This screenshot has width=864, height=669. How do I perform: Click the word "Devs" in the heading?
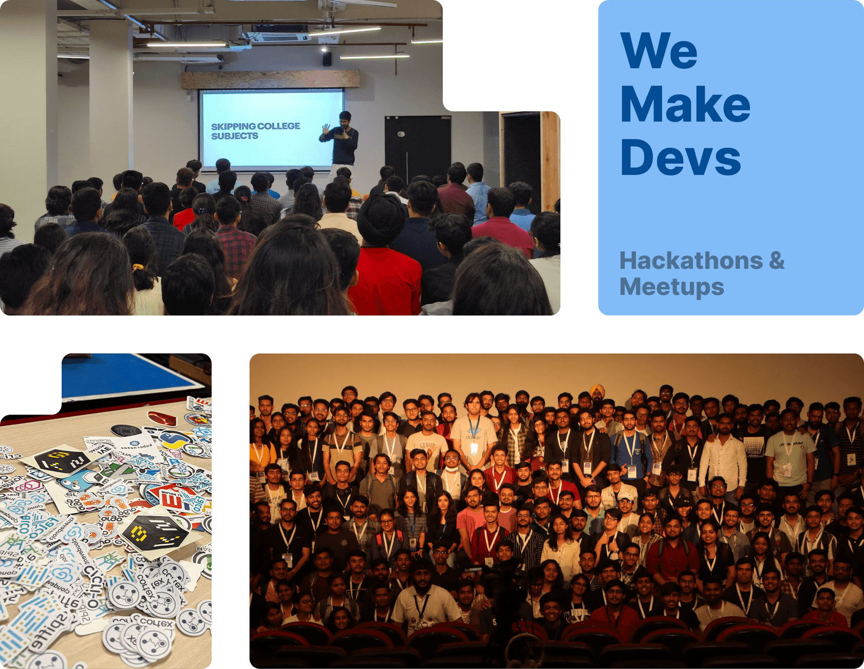coord(681,158)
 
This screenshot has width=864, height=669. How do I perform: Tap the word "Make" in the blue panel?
coord(685,105)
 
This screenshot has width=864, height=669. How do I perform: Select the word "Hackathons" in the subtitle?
coord(691,261)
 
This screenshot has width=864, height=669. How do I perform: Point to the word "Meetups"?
coord(672,287)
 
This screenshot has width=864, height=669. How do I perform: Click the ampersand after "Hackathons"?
coord(777,261)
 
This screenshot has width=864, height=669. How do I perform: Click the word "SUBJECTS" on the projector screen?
coord(235,136)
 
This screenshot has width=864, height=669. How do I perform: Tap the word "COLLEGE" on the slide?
coord(279,126)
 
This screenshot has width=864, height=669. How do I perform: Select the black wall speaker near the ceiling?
coord(327,59)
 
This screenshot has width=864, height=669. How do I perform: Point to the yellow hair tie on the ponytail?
coord(138,267)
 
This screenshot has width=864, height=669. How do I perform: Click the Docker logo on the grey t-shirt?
coord(474,434)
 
